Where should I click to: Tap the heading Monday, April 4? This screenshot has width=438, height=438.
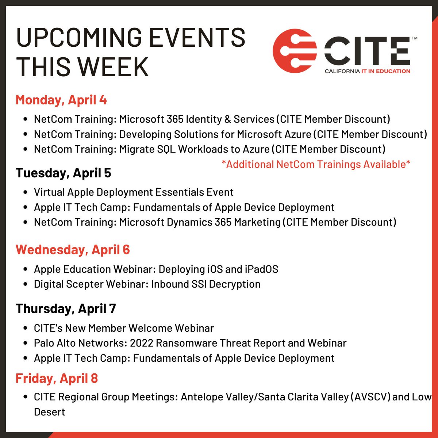point(61,100)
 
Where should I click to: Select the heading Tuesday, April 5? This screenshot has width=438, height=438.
point(63,173)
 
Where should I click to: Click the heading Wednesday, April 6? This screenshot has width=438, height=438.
point(73,250)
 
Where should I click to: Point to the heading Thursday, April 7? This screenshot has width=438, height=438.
point(66,309)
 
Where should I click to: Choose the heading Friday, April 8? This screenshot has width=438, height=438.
point(57,378)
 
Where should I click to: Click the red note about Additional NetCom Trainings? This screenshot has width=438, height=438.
point(316,164)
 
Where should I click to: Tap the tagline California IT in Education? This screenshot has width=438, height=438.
point(367,71)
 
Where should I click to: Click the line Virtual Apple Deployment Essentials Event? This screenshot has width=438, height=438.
point(134,192)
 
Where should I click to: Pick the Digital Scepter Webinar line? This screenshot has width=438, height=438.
point(147,284)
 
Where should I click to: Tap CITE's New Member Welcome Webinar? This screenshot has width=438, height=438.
point(124,328)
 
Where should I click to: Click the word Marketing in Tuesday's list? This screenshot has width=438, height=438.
point(257,222)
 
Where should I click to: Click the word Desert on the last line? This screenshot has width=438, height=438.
point(49,412)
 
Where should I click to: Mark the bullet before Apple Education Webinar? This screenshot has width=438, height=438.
point(25,270)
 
